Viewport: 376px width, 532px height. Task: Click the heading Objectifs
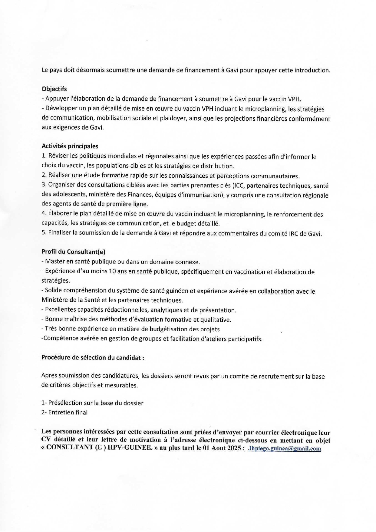[x=54, y=89]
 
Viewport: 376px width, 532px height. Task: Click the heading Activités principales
[x=70, y=146]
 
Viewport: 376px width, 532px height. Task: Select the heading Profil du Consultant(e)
[x=73, y=252]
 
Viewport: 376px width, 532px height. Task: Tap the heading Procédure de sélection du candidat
[x=92, y=357]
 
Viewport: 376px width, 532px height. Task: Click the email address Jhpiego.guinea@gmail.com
[x=285, y=449]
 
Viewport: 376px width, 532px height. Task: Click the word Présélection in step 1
[x=65, y=403]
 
